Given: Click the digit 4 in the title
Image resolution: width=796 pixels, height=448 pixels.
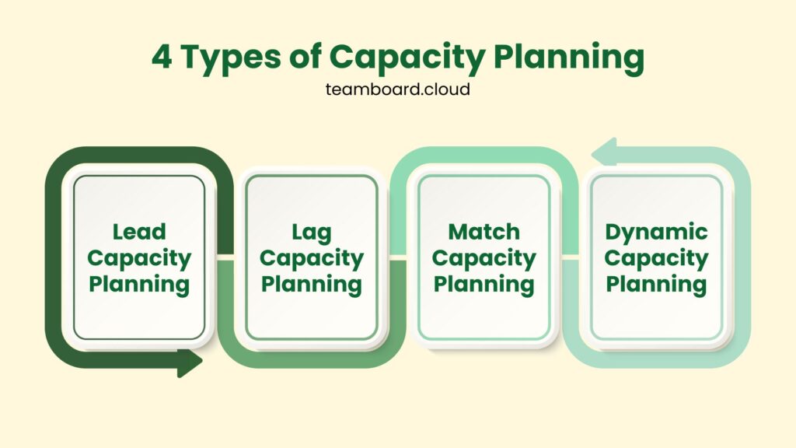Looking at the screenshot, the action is (x=162, y=56).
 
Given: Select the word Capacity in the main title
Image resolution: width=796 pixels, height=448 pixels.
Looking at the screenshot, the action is (x=407, y=58).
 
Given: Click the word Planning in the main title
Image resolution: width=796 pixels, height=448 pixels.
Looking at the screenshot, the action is (x=568, y=58).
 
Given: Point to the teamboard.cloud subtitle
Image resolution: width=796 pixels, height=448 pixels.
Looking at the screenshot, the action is (x=397, y=89).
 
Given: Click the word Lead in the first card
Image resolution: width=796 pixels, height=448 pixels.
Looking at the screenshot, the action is (x=139, y=232).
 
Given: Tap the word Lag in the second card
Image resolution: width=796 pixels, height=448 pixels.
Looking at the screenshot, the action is (x=311, y=233).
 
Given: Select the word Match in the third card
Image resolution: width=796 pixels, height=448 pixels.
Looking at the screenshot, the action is (x=484, y=232).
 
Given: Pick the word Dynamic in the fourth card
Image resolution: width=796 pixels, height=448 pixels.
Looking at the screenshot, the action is (x=656, y=233).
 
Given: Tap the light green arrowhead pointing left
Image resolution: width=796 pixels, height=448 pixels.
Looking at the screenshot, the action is (x=604, y=152).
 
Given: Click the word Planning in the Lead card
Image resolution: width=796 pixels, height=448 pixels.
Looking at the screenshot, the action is (x=139, y=285).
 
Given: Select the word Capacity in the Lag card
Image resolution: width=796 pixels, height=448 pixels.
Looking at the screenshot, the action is (x=311, y=259).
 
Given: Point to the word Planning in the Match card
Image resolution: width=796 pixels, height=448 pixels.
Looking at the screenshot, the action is (x=484, y=285).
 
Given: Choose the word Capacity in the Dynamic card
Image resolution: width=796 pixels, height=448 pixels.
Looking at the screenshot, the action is (x=656, y=259).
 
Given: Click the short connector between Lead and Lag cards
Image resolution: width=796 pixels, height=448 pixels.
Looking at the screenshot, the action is (x=225, y=257).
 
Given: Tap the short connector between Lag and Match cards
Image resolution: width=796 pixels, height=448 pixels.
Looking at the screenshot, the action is (x=398, y=257).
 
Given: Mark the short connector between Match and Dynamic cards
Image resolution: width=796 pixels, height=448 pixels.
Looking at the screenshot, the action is (x=571, y=257).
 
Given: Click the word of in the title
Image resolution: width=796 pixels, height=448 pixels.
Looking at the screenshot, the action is (x=305, y=56).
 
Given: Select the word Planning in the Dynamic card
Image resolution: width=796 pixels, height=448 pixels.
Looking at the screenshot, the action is (x=656, y=285).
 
